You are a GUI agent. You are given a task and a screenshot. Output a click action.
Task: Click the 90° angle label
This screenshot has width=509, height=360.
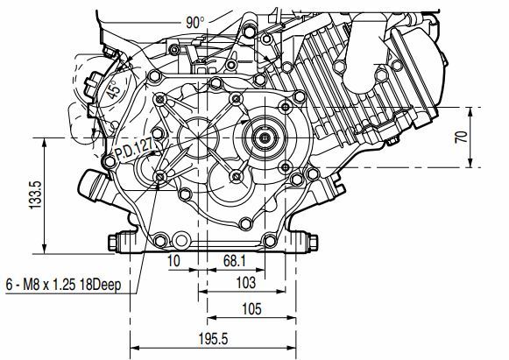[195, 23]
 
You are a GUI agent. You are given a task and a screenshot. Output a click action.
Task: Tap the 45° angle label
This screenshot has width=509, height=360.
[113, 89]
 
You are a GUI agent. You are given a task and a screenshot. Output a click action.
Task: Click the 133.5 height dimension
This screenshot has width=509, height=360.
[35, 194]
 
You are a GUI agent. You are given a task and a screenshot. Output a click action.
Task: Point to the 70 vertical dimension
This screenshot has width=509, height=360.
[462, 137]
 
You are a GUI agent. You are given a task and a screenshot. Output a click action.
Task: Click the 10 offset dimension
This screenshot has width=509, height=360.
[173, 261]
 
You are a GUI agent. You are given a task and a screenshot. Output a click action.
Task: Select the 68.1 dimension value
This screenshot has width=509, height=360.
[235, 261]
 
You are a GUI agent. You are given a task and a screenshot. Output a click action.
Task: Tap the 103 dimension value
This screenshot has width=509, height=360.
[245, 282]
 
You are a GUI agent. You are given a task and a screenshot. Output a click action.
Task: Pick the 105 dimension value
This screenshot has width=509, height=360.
[251, 308]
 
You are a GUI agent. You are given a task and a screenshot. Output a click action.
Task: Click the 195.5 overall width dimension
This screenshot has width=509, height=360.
[213, 339]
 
